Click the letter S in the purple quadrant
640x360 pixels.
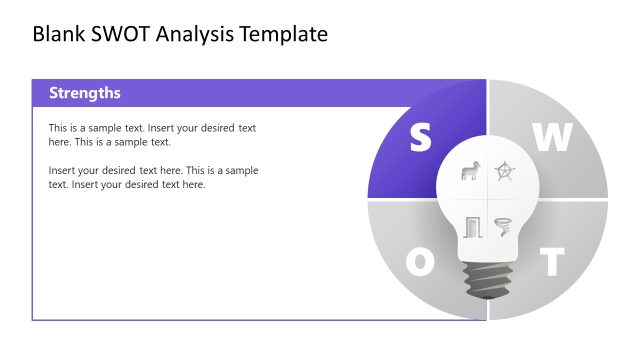(420, 139)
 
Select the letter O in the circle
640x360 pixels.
(420, 262)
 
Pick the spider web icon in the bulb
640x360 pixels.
(505, 172)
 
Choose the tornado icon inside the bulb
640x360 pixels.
(504, 226)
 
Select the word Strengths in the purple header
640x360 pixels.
(85, 93)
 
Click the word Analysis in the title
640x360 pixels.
(202, 34)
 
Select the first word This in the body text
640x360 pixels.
(58, 128)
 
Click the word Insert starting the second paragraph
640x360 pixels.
(63, 171)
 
